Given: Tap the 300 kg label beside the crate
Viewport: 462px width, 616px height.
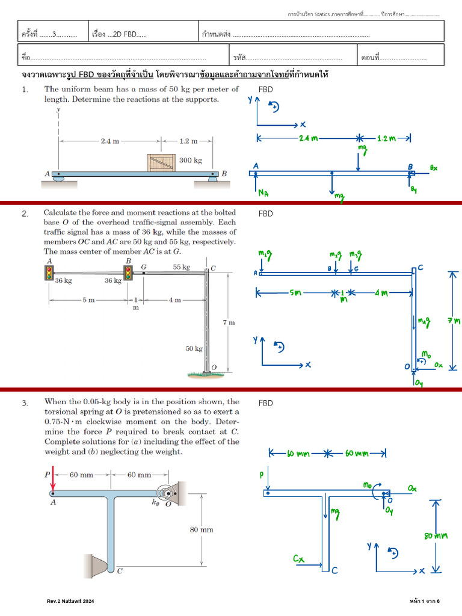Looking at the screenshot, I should click(x=190, y=161).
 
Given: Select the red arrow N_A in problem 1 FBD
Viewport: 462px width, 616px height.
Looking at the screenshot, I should click(x=256, y=183).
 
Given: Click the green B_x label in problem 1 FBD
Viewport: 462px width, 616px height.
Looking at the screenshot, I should click(x=434, y=168).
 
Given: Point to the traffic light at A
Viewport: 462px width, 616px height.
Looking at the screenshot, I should click(x=49, y=272).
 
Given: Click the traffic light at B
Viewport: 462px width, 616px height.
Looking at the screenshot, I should click(x=128, y=273).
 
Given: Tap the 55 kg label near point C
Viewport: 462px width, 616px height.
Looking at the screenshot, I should click(x=181, y=267).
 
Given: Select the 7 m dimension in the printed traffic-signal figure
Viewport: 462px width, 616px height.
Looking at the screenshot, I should click(x=229, y=322).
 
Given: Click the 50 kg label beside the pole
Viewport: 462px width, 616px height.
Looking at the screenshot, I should click(x=194, y=348).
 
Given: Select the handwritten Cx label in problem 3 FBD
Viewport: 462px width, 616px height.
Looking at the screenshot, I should click(x=299, y=559).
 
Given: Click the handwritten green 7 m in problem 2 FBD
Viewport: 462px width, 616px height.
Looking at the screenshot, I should click(x=453, y=321).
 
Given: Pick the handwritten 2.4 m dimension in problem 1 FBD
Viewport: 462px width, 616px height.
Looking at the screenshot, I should click(x=308, y=138).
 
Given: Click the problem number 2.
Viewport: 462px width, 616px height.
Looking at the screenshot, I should click(x=25, y=214).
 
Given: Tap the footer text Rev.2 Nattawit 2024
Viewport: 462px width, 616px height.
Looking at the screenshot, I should click(x=70, y=601).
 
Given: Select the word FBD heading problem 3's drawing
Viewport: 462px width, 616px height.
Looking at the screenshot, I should click(x=265, y=402).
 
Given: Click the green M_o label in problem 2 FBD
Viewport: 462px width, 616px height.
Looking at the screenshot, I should click(x=425, y=356).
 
